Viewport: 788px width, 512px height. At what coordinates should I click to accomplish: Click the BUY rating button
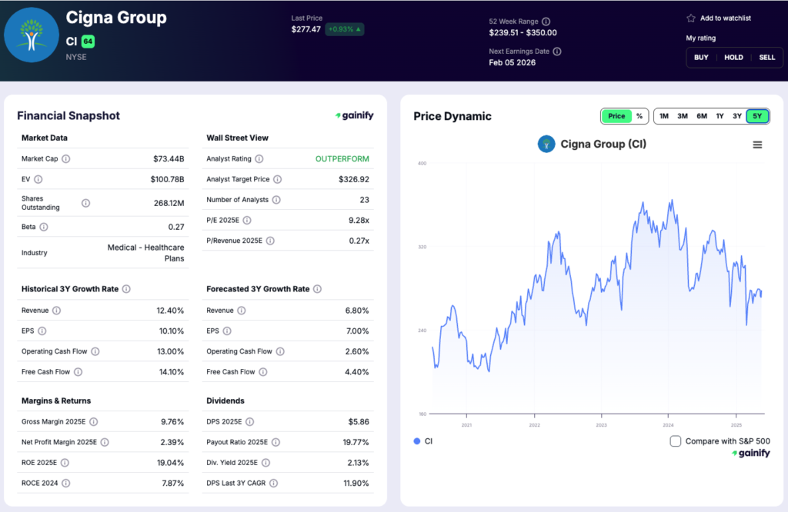pos(701,57)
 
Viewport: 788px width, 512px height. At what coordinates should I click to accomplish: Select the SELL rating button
pos(766,57)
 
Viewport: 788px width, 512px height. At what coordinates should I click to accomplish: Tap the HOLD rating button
pos(733,57)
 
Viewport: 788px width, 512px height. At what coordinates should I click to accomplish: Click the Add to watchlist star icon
pos(691,18)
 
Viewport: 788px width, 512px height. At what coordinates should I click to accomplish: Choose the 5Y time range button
pos(757,116)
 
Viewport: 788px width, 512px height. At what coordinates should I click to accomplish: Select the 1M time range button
pos(663,116)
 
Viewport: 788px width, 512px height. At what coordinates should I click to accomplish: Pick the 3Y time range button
pos(737,116)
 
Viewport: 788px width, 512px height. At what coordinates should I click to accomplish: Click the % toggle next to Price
pos(639,116)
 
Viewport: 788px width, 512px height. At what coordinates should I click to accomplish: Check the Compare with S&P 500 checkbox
pos(676,441)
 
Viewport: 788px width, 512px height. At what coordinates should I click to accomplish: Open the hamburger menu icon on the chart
pos(757,145)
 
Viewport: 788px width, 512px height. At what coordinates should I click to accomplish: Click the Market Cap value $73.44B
pos(169,159)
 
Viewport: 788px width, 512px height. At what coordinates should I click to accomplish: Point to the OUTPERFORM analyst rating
pos(342,159)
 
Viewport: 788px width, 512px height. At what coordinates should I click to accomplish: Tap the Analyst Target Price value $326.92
pos(353,179)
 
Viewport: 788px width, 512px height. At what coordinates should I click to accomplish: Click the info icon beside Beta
pos(44,227)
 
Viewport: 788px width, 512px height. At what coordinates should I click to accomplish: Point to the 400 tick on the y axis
pos(422,163)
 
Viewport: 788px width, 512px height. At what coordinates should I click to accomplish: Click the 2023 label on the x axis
pos(601,424)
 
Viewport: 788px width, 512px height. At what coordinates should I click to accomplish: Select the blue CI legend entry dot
pos(417,441)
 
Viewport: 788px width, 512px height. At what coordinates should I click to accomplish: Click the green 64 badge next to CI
pos(88,40)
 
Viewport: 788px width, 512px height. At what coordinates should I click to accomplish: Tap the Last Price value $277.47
pos(306,29)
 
